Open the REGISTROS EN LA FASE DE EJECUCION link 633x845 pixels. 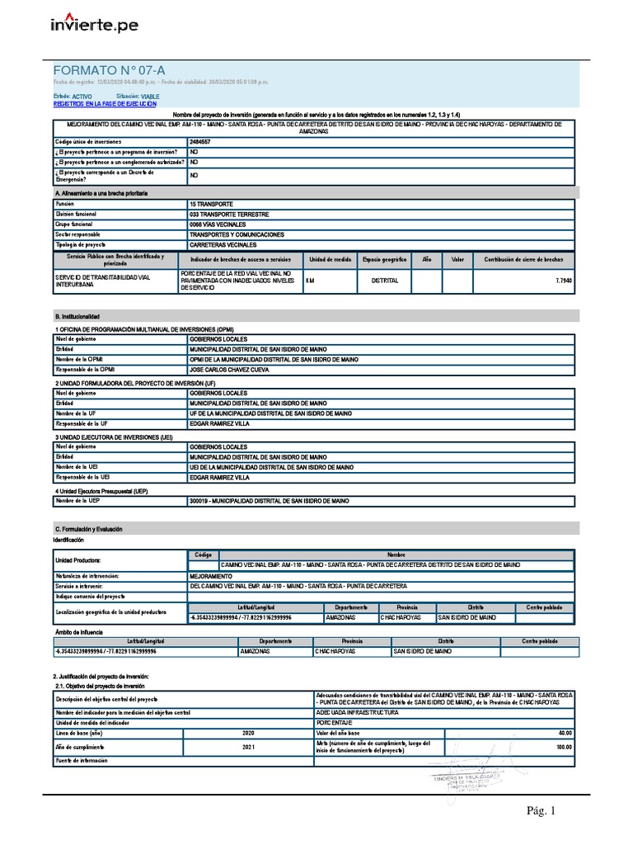pos(104,104)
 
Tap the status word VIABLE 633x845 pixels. pos(151,97)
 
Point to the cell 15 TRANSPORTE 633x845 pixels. pos(211,203)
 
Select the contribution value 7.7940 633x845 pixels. pos(564,281)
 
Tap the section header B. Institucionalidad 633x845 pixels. pos(77,316)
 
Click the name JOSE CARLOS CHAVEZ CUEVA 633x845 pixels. pos(230,371)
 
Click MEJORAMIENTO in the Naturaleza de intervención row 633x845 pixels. pos(212,575)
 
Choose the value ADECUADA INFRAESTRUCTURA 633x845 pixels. pos(357,711)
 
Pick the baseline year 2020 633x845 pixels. pos(248,733)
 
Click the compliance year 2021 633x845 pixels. pos(248,747)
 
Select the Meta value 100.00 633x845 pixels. pos(564,747)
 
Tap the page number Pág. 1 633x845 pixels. pos(542,811)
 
